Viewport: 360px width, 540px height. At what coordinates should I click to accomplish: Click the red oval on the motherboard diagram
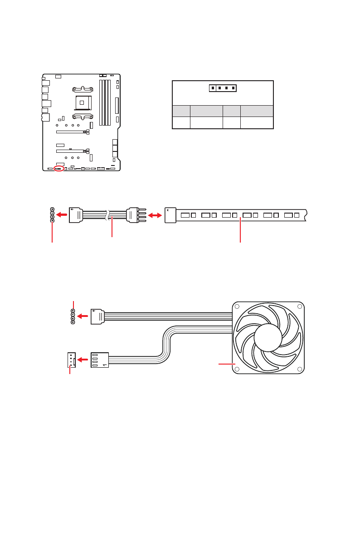point(59,169)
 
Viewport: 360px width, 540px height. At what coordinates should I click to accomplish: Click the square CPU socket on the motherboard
point(82,102)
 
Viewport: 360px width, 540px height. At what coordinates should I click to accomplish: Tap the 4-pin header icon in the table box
point(223,88)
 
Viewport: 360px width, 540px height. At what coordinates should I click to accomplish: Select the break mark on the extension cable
point(107,215)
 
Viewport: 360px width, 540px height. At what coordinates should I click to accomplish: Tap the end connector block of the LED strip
point(170,215)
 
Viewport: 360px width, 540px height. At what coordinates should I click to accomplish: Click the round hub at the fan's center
point(268,337)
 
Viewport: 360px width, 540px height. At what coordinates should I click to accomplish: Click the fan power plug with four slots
point(100,360)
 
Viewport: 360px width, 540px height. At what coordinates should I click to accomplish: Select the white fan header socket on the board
point(71,360)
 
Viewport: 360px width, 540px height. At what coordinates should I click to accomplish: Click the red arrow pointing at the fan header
point(83,360)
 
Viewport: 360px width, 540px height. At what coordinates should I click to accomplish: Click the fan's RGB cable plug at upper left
point(97,316)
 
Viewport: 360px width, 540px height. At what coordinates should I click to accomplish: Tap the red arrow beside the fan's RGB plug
point(82,316)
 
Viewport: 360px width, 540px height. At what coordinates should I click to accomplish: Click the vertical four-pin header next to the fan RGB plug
point(73,316)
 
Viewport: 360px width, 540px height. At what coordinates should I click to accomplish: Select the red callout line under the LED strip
point(240,231)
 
